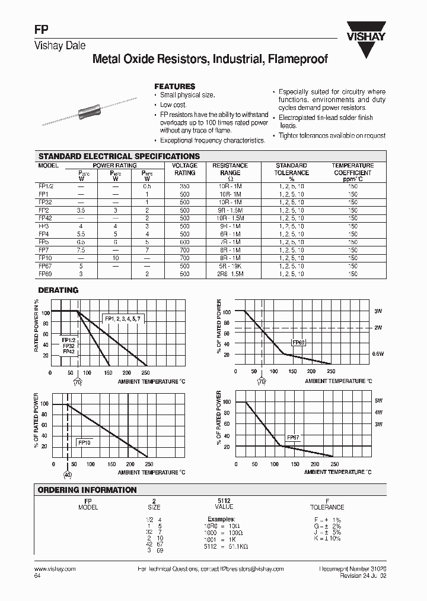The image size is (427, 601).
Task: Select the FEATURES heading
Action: (x=174, y=86)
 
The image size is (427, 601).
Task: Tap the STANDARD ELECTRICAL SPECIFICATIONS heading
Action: (x=119, y=156)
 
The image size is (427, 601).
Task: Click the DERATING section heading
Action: (x=58, y=290)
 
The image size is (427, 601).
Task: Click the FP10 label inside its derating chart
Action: (x=84, y=442)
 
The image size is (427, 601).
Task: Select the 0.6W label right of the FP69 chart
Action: (x=378, y=354)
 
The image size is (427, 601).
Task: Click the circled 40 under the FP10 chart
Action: (x=67, y=475)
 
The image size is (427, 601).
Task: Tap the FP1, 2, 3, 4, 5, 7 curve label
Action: (x=123, y=319)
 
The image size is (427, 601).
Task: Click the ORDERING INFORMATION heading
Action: (x=87, y=490)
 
